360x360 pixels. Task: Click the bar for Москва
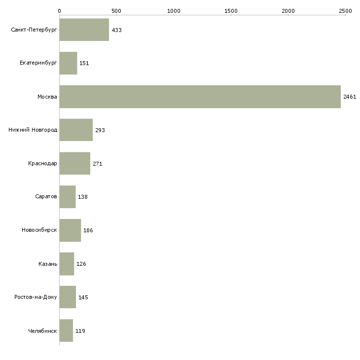point(200,97)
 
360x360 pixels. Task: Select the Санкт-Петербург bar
point(84,30)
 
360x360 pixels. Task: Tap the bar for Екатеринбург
point(68,63)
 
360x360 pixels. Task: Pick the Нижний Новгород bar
point(76,130)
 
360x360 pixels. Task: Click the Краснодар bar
point(75,163)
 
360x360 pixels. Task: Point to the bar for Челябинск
point(66,330)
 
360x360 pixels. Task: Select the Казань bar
point(67,264)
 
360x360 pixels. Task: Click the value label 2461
point(350,97)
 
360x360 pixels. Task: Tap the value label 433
point(117,30)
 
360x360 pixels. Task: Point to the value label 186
point(88,230)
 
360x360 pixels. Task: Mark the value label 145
point(83,297)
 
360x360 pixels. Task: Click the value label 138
point(83,197)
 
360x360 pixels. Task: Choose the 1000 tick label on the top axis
point(174,11)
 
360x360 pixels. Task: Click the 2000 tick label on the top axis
point(288,11)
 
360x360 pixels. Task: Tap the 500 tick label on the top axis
point(116,11)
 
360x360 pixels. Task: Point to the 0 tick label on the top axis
point(60,11)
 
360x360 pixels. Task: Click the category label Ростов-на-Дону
point(36,297)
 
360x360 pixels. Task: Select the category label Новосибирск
point(39,230)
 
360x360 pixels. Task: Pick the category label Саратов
point(46,197)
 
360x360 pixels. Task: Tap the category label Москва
point(47,97)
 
